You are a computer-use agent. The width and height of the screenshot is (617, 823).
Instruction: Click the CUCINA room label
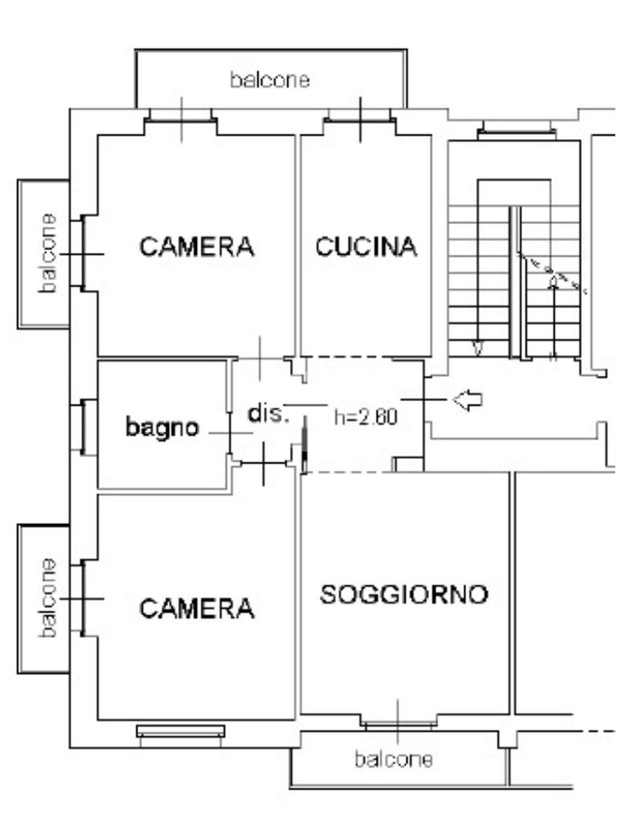(366, 247)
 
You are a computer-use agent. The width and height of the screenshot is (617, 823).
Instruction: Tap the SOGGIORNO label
(404, 594)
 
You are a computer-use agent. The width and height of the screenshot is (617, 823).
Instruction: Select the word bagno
(162, 428)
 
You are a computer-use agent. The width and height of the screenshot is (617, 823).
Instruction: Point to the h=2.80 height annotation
(366, 417)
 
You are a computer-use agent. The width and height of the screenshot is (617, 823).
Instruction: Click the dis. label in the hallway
(268, 414)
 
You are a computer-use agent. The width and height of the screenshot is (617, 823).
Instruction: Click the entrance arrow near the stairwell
(467, 400)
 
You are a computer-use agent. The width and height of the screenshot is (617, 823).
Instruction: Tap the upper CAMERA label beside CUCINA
(197, 247)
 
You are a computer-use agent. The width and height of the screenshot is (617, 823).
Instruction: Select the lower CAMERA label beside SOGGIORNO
(197, 608)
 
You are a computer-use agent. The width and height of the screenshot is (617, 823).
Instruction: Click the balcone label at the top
(270, 80)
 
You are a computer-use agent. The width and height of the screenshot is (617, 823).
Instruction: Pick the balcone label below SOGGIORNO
(394, 760)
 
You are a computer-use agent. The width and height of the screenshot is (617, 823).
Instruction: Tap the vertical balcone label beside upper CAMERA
(47, 253)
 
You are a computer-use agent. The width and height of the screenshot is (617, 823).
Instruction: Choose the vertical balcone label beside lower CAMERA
(47, 598)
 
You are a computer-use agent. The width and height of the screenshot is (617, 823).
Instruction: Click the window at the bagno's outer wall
(83, 428)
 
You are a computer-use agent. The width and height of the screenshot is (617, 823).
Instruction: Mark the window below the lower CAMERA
(181, 731)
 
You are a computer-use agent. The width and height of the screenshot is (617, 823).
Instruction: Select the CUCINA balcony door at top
(360, 120)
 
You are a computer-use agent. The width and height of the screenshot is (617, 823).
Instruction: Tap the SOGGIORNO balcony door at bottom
(398, 725)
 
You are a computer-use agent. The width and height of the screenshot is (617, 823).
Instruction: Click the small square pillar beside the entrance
(409, 465)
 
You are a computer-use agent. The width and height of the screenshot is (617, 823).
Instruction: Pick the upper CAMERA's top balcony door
(181, 121)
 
